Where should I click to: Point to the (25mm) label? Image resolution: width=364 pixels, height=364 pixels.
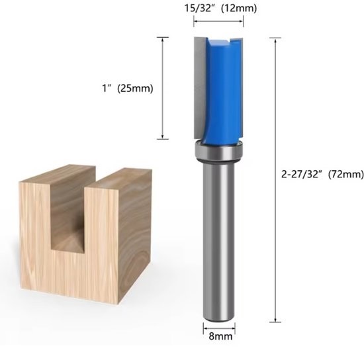(134, 89)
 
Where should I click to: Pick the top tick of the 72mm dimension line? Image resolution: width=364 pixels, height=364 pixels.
(274, 37)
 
